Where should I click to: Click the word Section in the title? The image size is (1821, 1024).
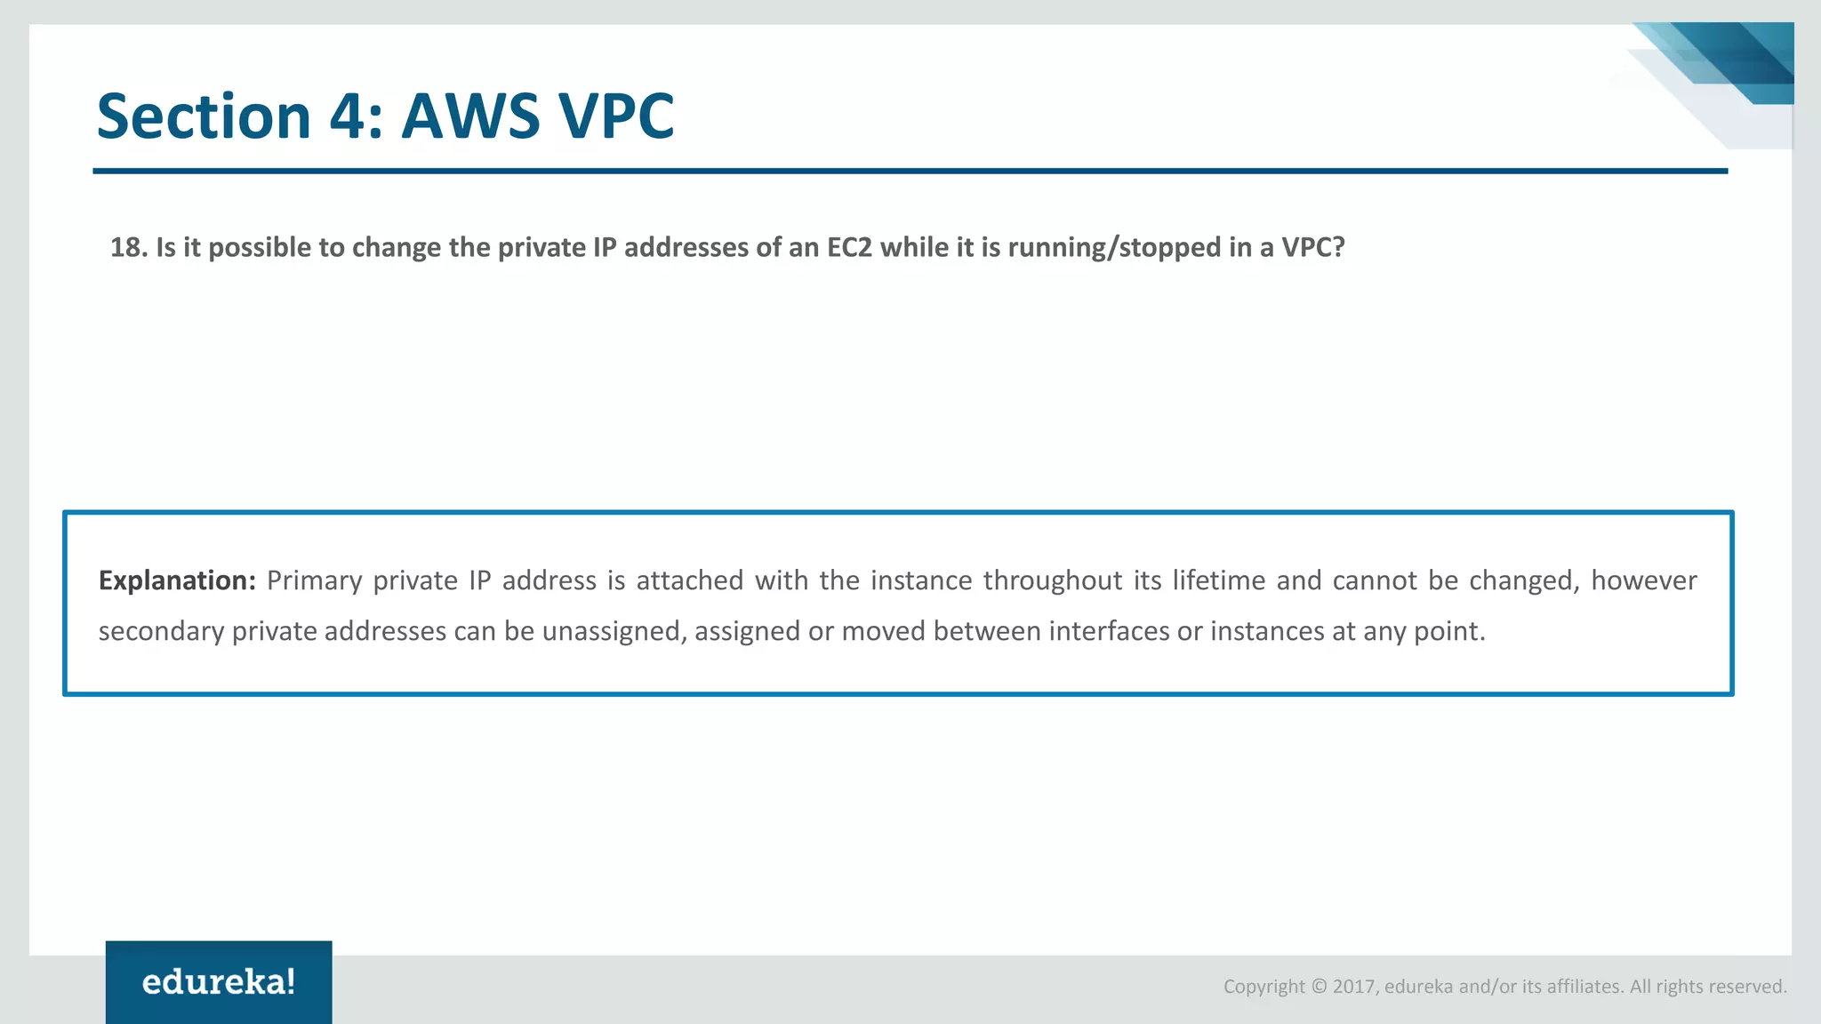203,116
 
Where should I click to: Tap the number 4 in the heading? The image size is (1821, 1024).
347,116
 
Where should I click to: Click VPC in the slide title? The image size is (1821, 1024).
615,116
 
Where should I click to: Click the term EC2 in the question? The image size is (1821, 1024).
849,247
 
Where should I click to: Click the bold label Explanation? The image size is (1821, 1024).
177,580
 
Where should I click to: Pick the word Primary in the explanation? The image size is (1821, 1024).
314,580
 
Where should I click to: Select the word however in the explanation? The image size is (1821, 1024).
1643,580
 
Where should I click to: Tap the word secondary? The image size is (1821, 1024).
161,631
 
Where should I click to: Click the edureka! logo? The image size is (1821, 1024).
219,982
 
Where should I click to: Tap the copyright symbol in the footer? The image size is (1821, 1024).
1319,987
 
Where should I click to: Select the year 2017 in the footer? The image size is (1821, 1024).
1353,987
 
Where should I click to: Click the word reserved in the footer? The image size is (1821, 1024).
1751,987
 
